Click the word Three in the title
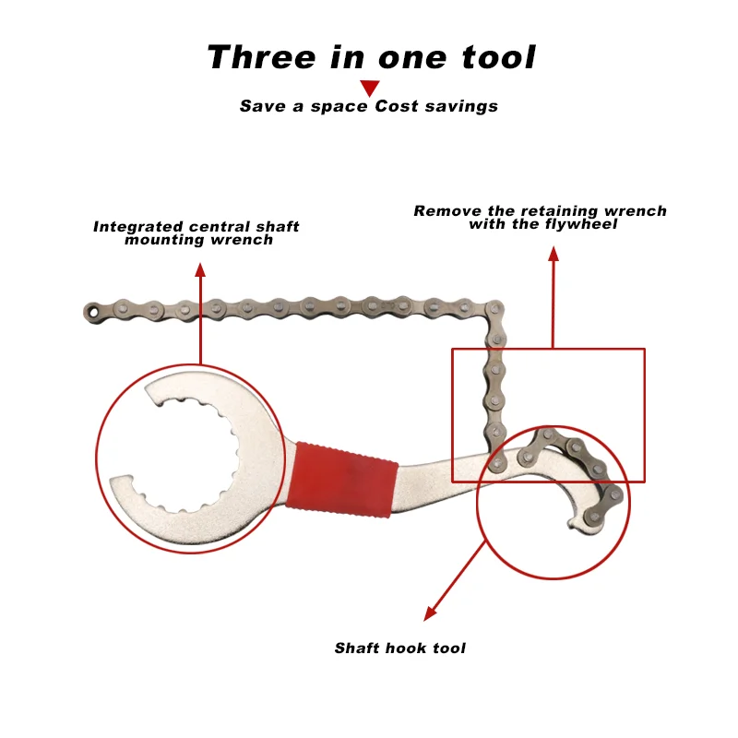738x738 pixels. [x=262, y=57]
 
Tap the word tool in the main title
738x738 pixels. [x=498, y=57]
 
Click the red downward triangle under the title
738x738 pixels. [x=370, y=88]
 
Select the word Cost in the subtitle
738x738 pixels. [x=397, y=106]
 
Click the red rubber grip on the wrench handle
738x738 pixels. [x=342, y=480]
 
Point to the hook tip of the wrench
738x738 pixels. [x=573, y=524]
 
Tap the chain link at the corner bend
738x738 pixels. [x=494, y=310]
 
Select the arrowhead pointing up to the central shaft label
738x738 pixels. [x=200, y=269]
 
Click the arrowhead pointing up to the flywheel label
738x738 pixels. [x=553, y=253]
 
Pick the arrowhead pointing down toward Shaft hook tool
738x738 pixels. [x=430, y=613]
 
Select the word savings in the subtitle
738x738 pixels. [x=461, y=106]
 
